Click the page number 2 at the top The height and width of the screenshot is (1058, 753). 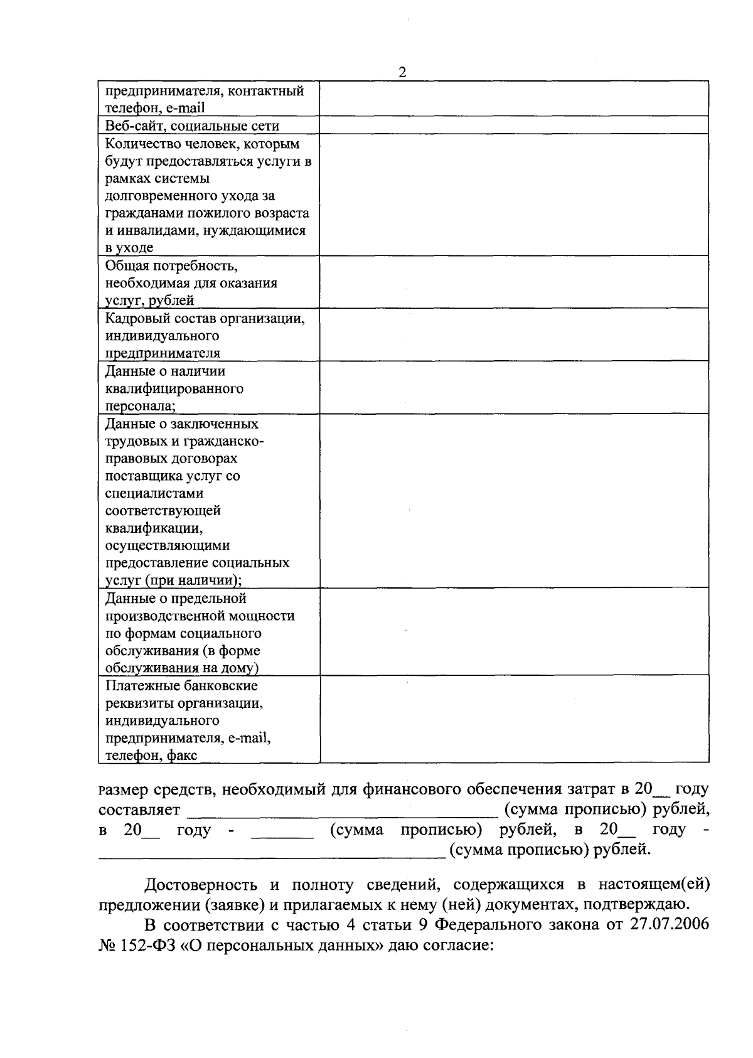[x=402, y=73]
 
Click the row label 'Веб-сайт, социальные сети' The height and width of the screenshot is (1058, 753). [x=192, y=126]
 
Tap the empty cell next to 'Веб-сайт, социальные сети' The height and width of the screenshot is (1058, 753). [x=514, y=125]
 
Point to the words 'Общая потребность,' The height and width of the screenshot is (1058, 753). [x=171, y=265]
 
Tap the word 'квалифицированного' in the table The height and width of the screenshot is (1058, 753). [x=174, y=388]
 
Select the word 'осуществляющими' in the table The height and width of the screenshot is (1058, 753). [x=168, y=545]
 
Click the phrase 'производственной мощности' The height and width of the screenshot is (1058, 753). [x=200, y=616]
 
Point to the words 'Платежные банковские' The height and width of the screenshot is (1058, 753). [x=181, y=685]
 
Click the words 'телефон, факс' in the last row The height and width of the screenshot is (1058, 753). [x=151, y=755]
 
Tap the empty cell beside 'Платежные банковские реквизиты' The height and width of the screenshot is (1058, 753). [x=514, y=719]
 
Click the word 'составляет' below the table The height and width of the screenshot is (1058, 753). [x=139, y=810]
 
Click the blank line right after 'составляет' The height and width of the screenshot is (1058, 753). [x=342, y=813]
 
